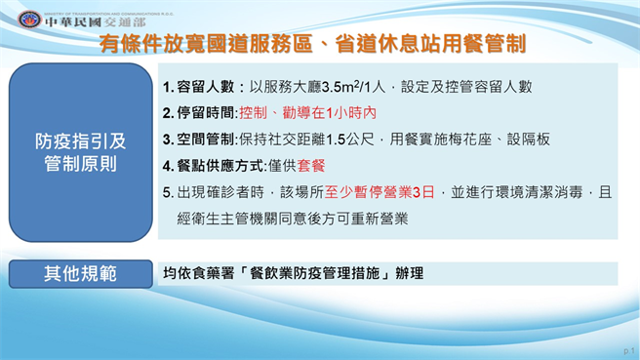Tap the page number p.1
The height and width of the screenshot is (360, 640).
(x=627, y=349)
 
